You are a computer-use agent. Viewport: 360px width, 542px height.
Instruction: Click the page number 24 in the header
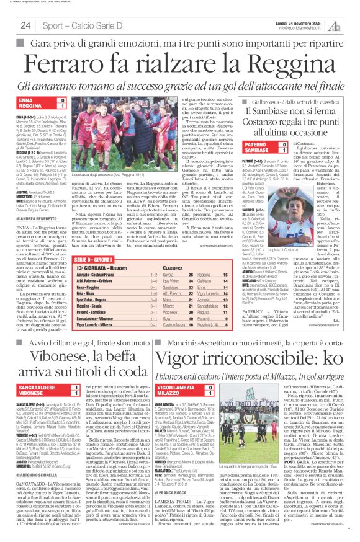(25, 25)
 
